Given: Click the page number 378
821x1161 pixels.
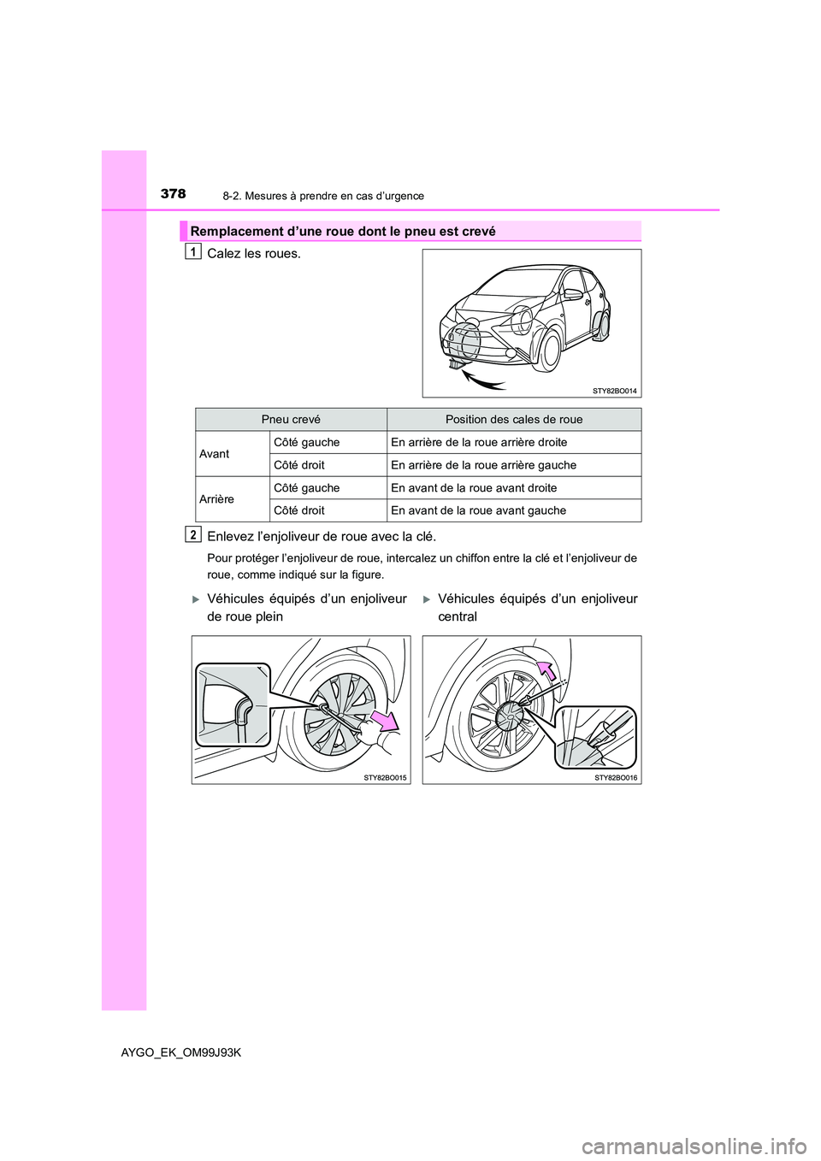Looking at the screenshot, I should [x=173, y=194].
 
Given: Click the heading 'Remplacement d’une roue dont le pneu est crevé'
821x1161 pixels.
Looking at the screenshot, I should [x=343, y=232].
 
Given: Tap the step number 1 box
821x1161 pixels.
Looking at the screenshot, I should [x=194, y=250].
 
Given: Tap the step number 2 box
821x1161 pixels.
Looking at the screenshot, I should [x=194, y=534].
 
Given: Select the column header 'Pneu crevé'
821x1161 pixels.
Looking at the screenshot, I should [x=291, y=420].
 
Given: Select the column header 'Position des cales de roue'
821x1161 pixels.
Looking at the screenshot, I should [x=514, y=420].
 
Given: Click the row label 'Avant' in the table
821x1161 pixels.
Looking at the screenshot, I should [x=215, y=454].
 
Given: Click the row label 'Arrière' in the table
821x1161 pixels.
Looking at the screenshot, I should [x=217, y=499].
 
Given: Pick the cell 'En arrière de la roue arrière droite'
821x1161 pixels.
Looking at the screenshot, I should [x=479, y=443].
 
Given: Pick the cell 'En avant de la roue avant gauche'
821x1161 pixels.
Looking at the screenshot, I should [x=478, y=510].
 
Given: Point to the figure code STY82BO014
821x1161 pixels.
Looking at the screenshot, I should [x=615, y=391].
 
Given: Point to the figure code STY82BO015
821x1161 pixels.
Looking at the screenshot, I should [x=385, y=778].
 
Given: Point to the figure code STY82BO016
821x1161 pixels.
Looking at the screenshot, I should [x=616, y=778].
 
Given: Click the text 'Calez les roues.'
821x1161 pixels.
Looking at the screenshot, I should [x=254, y=254].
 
